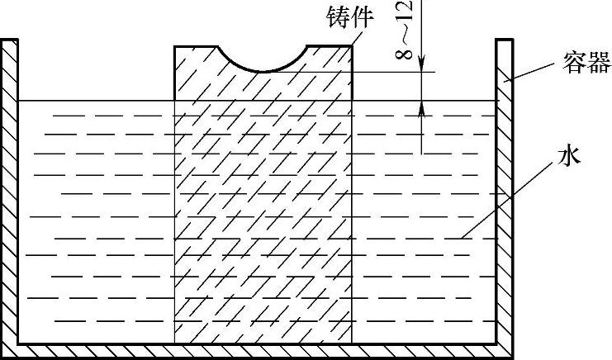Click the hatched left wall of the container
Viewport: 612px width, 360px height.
(9, 190)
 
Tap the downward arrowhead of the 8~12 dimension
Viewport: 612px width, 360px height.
(422, 65)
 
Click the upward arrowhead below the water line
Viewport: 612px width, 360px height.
(422, 107)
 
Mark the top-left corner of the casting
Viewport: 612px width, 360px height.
(174, 45)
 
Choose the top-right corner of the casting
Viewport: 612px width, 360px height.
(353, 45)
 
